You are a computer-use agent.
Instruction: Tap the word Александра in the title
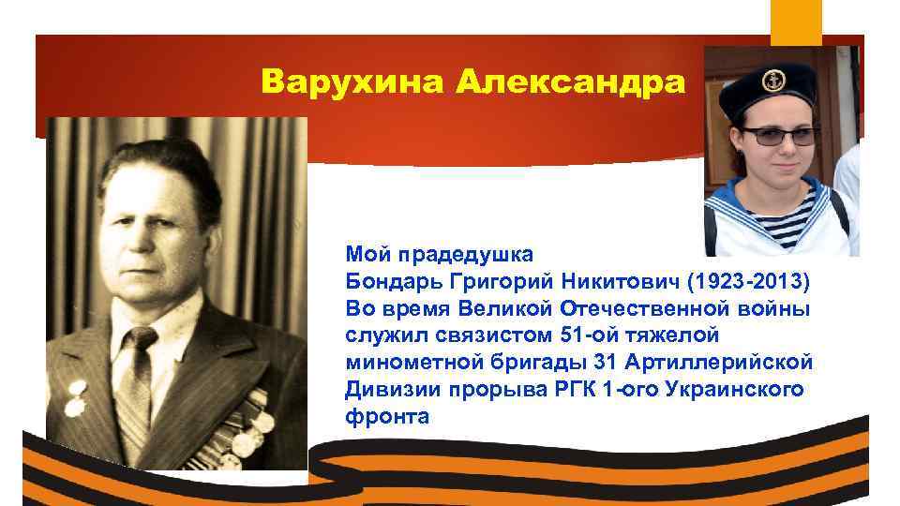point(571,82)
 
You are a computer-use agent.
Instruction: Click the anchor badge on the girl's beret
point(772,81)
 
